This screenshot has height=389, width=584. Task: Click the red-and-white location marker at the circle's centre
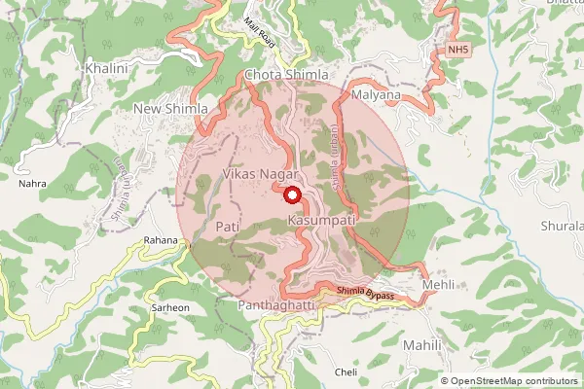[292, 194]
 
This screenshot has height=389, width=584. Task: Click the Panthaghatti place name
[276, 305]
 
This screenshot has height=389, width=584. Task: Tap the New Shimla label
[171, 108]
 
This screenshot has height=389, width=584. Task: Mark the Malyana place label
[375, 96]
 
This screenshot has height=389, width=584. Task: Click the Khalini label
[106, 69]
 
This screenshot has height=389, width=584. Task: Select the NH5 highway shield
[458, 48]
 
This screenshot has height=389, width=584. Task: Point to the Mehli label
[437, 285]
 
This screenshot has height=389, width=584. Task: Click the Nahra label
[32, 182]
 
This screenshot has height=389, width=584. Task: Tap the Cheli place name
[346, 372]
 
